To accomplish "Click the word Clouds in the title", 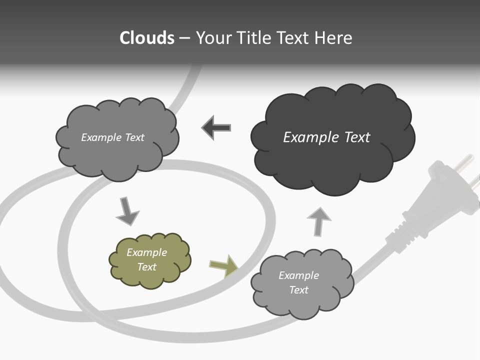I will point(146,38).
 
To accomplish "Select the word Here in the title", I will point(333,38).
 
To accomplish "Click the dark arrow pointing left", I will point(216,127).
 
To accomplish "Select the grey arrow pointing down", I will point(127,212).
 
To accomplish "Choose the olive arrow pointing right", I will point(223,265).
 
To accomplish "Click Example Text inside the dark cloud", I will point(326,137).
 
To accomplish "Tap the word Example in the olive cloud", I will point(146,252).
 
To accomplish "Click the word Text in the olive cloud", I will point(146,267).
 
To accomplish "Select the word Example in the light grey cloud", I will point(298,275).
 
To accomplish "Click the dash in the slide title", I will point(184,38).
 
